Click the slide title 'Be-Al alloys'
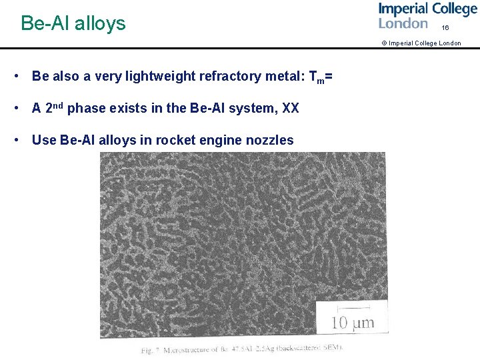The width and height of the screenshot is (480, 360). click(x=73, y=23)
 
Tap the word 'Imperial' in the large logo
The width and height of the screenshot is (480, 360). click(x=404, y=9)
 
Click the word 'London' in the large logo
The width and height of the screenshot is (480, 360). click(x=403, y=24)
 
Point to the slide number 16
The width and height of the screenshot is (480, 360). click(x=445, y=28)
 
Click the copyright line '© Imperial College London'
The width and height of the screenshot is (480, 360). click(x=421, y=43)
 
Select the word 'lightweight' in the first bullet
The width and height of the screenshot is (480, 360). click(x=162, y=77)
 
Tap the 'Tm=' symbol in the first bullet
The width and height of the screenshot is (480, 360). click(x=321, y=77)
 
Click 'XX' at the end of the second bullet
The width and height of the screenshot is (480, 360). click(x=291, y=108)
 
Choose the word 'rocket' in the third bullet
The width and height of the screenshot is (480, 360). click(x=183, y=140)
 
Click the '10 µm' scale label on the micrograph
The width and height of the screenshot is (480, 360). click(x=353, y=324)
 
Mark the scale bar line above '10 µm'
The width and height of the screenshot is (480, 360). click(x=351, y=309)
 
